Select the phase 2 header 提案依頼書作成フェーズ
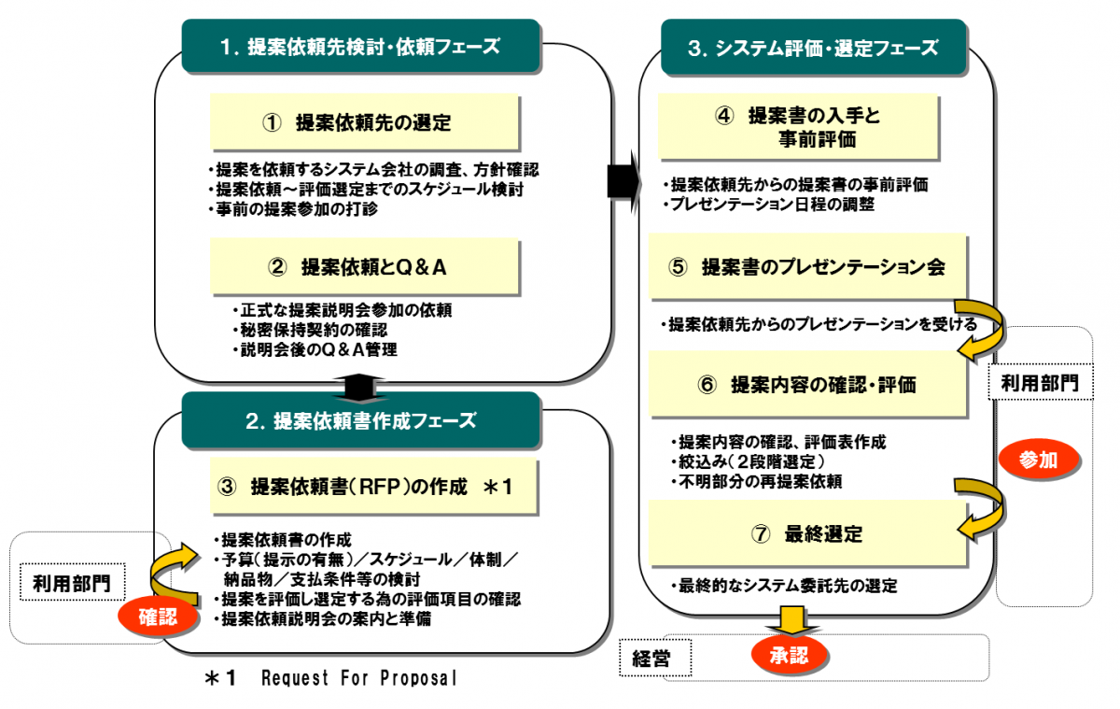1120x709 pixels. [x=360, y=420]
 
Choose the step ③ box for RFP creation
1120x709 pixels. [x=373, y=487]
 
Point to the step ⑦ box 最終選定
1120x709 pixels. [x=808, y=534]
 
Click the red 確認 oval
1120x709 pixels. [x=158, y=616]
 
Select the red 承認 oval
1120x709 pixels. [x=791, y=655]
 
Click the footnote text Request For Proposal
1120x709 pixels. [x=359, y=679]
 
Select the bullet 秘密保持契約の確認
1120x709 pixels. [x=314, y=330]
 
